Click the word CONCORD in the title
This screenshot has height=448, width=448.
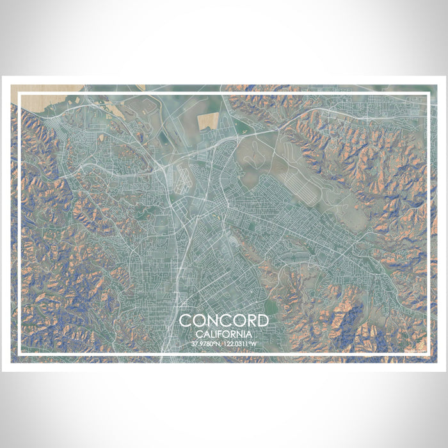point(223,321)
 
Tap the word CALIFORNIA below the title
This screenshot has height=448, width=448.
point(223,334)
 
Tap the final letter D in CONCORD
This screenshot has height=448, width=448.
point(262,321)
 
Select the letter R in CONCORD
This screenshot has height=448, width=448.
point(250,321)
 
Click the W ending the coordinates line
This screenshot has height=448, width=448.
point(254,344)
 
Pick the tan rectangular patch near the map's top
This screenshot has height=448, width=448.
point(207,120)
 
